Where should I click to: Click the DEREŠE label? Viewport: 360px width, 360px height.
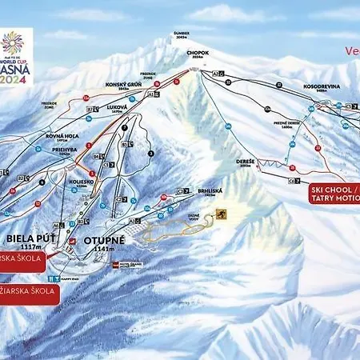click(246, 160)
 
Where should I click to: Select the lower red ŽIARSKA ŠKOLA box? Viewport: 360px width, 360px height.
click(28, 291)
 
